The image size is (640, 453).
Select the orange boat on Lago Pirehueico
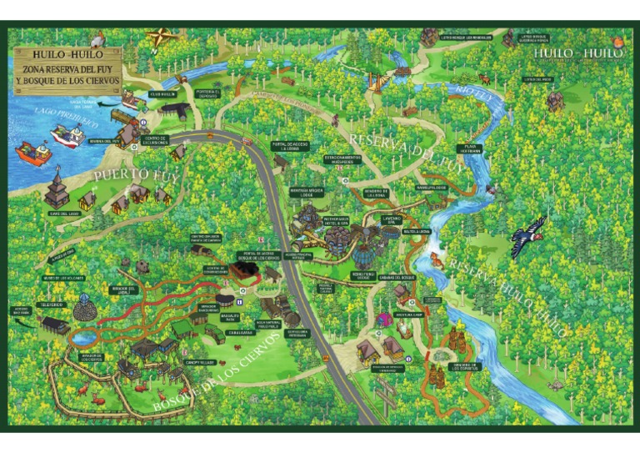coord(33,153)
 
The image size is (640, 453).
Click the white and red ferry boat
coord(67,135)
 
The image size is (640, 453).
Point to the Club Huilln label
coord(162,94)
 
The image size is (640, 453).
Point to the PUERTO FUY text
coord(133,174)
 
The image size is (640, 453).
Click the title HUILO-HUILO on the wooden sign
coord(67,54)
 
